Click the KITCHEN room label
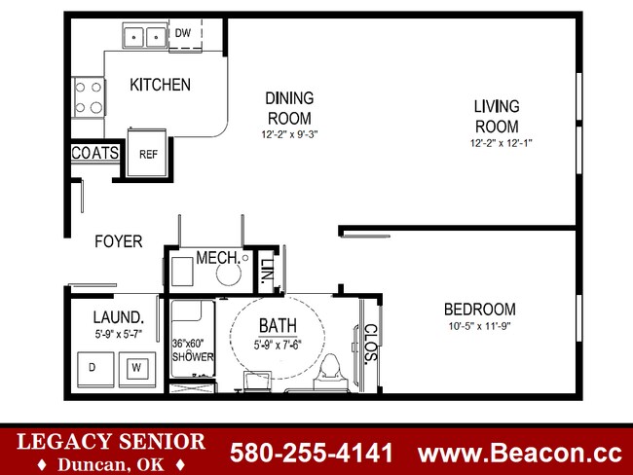(160, 85)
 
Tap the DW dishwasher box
(184, 34)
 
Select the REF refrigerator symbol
(148, 153)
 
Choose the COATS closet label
(94, 153)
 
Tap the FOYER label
(118, 240)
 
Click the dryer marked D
(93, 367)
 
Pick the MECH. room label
(218, 257)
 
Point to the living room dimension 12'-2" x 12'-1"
(501, 143)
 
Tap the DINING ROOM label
(289, 107)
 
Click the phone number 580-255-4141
(311, 453)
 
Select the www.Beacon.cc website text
(519, 453)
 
